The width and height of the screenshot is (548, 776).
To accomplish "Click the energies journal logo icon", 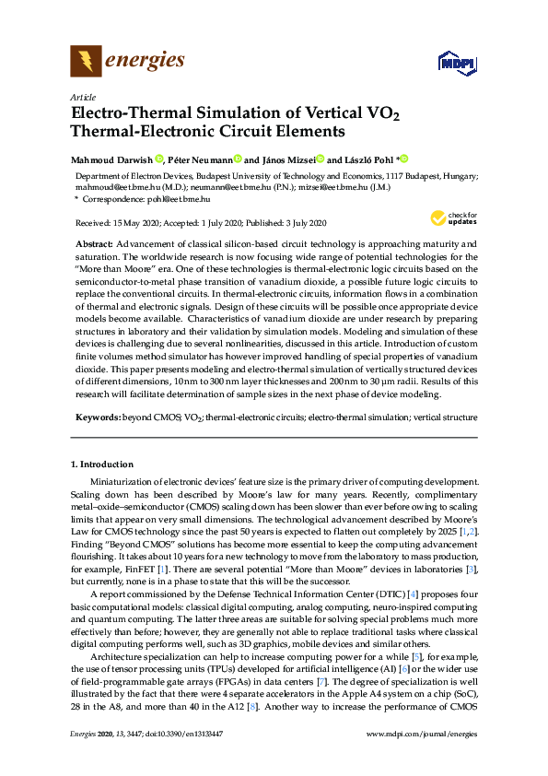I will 87,62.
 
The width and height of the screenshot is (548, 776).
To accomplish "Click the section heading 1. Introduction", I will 102,464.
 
